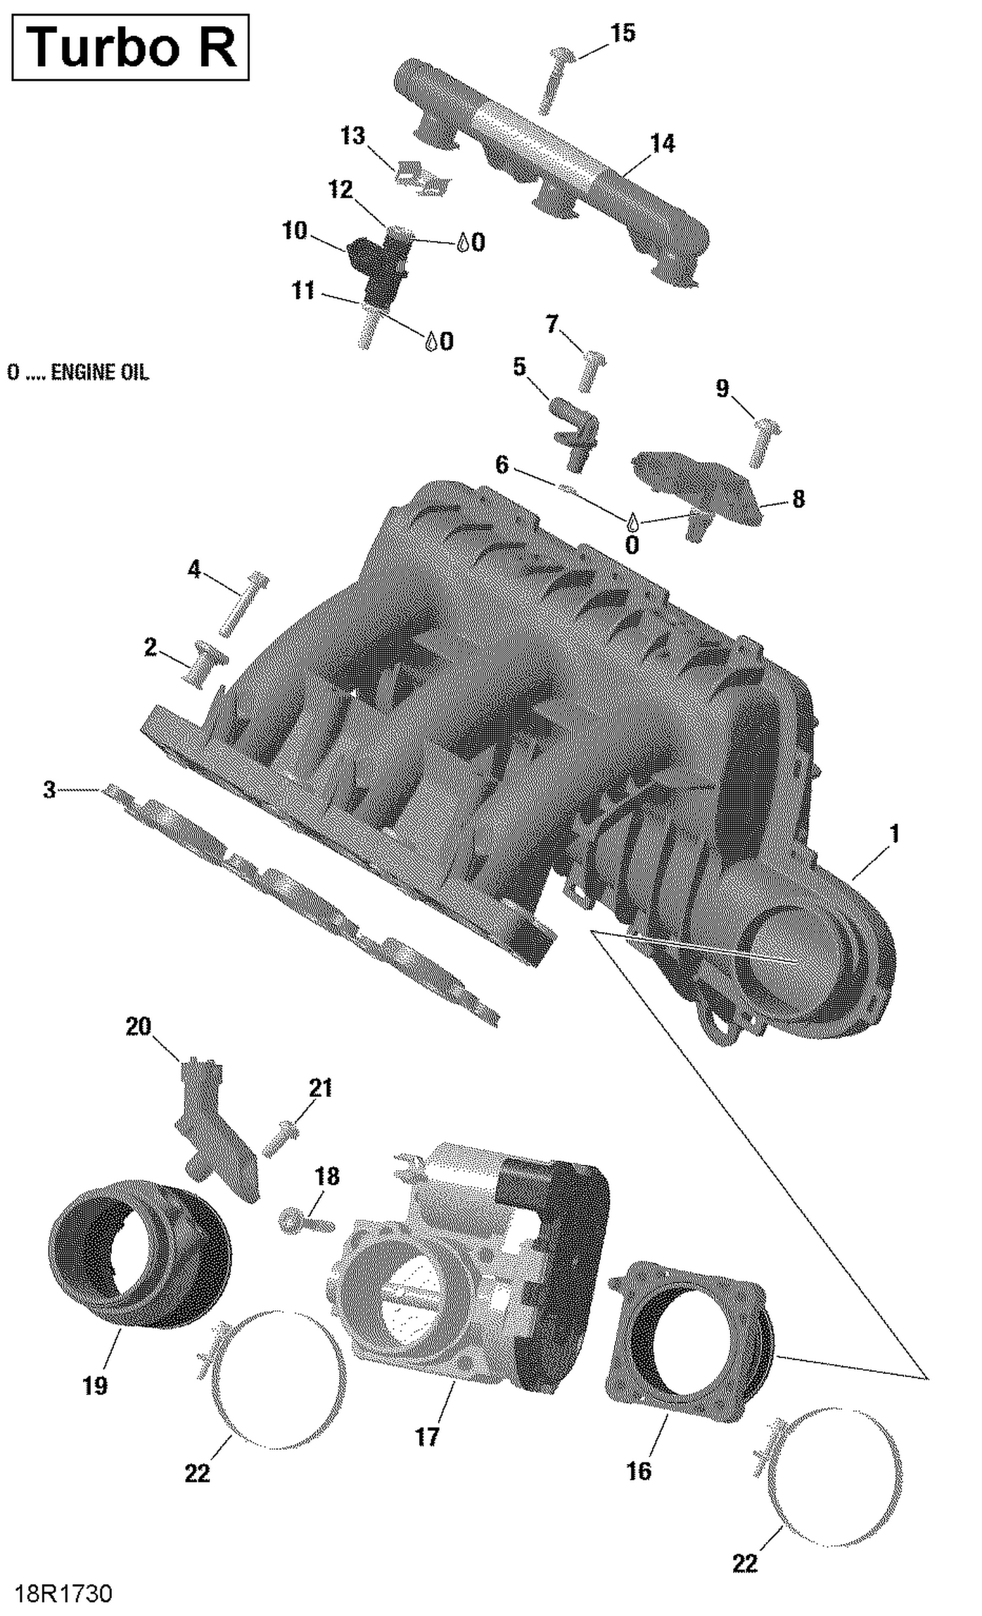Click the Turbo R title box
pyautogui.click(x=130, y=47)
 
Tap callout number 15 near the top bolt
pyautogui.click(x=623, y=33)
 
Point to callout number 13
pyautogui.click(x=352, y=136)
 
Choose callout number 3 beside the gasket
pyautogui.click(x=49, y=789)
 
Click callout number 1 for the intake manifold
pyautogui.click(x=893, y=835)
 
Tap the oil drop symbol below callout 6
pyautogui.click(x=632, y=522)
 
